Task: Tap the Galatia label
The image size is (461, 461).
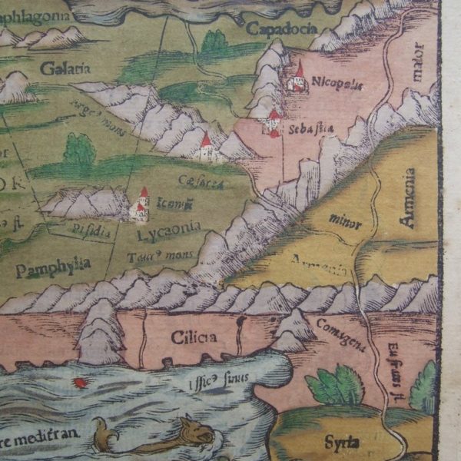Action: (x=65, y=68)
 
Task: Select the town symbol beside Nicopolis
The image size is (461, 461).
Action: (x=296, y=79)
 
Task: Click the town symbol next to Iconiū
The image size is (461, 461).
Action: (x=140, y=205)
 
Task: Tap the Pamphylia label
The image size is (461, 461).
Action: (x=52, y=267)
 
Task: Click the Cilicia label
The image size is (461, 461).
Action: (x=194, y=336)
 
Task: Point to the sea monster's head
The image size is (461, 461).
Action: (x=197, y=432)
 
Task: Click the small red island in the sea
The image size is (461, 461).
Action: (x=78, y=382)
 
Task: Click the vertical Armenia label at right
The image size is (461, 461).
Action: (x=408, y=198)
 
